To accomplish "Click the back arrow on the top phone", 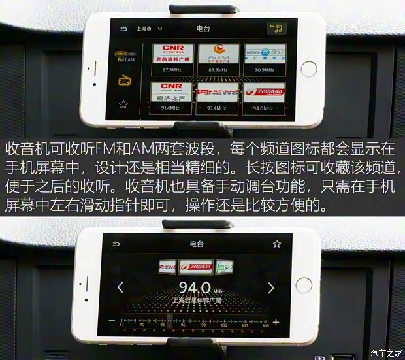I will (123, 29).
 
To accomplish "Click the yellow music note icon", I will (277, 29).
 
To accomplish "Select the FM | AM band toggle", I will (125, 59).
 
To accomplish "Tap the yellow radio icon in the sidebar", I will (123, 81).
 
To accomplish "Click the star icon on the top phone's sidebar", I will (123, 104).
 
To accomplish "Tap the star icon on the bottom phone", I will (277, 244).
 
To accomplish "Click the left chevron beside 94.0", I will (120, 287).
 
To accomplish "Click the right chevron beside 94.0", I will (271, 287).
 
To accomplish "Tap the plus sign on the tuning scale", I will (276, 322).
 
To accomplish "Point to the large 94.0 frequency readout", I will (195, 287).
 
